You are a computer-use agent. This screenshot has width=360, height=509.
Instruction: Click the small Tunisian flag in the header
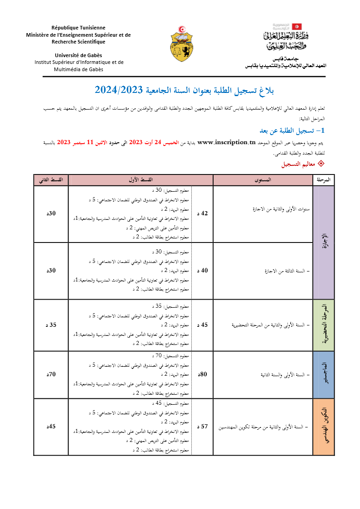(x=297, y=26)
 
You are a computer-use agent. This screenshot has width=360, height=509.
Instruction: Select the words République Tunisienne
(x=78, y=28)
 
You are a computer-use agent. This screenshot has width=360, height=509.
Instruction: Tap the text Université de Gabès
(x=78, y=55)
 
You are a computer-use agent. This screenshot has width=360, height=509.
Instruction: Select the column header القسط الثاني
(x=51, y=180)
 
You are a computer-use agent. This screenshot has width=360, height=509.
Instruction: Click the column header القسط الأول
(x=141, y=180)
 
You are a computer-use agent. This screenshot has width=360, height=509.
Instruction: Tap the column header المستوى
(x=263, y=180)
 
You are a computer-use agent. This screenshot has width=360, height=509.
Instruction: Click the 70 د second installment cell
(x=51, y=374)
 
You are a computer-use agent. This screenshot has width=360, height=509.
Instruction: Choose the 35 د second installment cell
(x=51, y=325)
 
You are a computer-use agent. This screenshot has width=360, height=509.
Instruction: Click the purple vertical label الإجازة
(x=324, y=242)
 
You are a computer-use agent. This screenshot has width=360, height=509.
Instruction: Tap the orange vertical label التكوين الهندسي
(x=324, y=427)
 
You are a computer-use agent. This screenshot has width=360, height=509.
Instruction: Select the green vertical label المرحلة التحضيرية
(x=324, y=325)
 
